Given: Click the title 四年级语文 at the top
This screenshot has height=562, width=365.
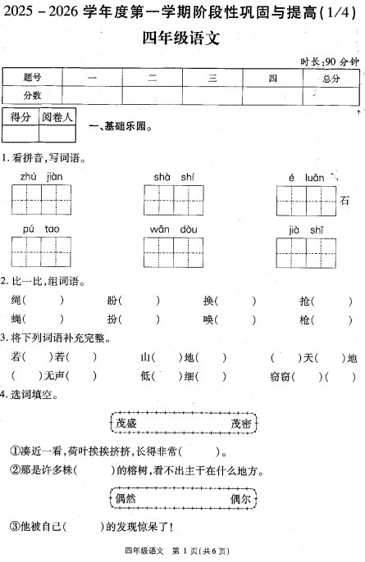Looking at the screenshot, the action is click(181, 39).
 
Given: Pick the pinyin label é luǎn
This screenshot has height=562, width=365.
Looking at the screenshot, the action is click(306, 177).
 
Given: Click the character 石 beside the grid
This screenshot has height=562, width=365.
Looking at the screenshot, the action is click(344, 201).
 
